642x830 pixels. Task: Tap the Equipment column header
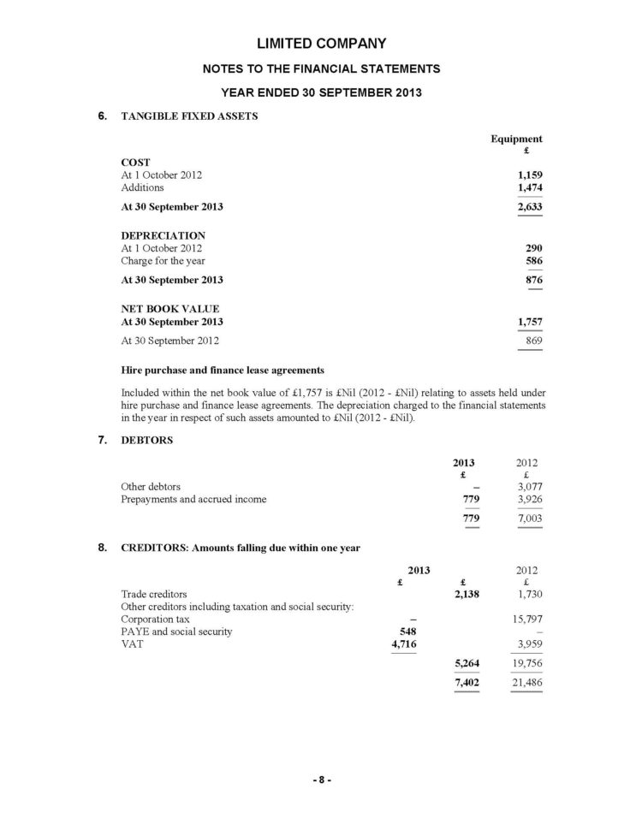click(x=515, y=139)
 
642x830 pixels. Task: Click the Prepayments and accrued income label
click(x=193, y=500)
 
